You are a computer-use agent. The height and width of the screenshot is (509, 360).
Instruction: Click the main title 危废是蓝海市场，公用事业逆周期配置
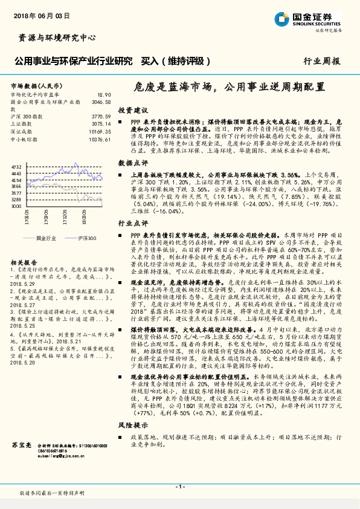[229, 87]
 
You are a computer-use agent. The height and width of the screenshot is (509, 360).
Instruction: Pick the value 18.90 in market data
[104, 95]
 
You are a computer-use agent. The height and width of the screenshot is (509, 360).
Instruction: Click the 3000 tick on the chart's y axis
[16, 206]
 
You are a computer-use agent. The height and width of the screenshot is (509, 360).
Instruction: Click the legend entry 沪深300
[87, 239]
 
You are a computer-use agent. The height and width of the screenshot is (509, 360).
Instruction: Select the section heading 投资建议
[133, 111]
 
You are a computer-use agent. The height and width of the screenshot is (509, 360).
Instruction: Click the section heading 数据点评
[133, 163]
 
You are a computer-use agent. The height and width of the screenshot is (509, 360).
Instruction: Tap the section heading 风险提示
[133, 426]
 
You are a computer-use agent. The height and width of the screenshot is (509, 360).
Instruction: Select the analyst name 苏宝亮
[21, 444]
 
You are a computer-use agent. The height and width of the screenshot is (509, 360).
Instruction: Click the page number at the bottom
[179, 486]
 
